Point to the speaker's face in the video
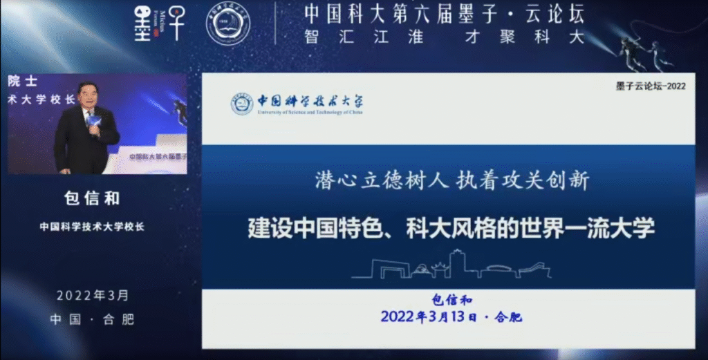pos(90,96)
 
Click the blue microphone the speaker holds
pos(93,122)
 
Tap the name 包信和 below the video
pos(92,199)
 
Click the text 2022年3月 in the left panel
pos(92,296)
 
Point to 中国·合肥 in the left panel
pos(92,319)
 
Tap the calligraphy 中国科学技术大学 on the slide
pos(309,101)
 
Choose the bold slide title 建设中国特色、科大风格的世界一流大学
pos(451,229)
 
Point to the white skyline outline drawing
pos(451,265)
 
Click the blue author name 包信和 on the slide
pos(451,299)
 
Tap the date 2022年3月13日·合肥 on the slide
pos(451,317)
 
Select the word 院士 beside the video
pos(19,81)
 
